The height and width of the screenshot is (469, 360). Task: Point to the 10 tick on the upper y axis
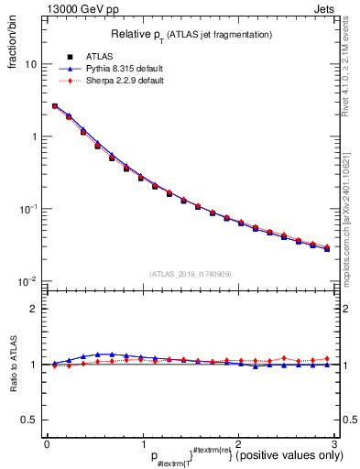(31, 65)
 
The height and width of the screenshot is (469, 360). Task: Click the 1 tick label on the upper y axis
(34, 136)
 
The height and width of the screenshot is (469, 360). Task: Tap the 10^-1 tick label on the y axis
(29, 209)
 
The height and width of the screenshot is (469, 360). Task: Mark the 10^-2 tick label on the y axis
(29, 280)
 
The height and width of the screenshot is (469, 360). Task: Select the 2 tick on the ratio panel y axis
(34, 309)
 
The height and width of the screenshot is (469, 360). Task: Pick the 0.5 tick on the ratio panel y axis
(30, 420)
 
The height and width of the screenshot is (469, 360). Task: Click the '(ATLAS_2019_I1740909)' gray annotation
(191, 274)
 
